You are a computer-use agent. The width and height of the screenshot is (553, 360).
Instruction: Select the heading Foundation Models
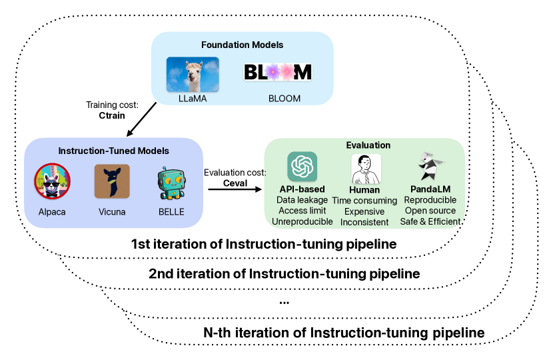pyautogui.click(x=242, y=45)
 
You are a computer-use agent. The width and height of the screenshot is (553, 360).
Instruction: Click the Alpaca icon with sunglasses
pyautogui.click(x=52, y=181)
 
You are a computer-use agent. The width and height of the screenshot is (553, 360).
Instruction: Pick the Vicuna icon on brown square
pyautogui.click(x=112, y=181)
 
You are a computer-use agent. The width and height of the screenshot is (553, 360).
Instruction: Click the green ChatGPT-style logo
pyautogui.click(x=302, y=167)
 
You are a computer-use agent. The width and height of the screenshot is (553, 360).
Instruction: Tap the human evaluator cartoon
pyautogui.click(x=365, y=169)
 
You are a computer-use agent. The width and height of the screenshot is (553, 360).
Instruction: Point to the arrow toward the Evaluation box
pyautogui.click(x=235, y=190)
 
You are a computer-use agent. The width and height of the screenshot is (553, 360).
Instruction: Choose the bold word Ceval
pyautogui.click(x=235, y=183)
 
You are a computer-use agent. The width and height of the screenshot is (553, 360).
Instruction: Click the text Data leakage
pyautogui.click(x=302, y=200)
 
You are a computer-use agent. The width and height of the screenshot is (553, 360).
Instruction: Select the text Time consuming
pyautogui.click(x=365, y=200)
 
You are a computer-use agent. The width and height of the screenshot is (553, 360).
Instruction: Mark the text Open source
pyautogui.click(x=429, y=211)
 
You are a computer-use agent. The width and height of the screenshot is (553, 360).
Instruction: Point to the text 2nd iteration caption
pyautogui.click(x=284, y=273)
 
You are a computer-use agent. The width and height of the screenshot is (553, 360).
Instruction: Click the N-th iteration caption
pyautogui.click(x=343, y=332)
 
